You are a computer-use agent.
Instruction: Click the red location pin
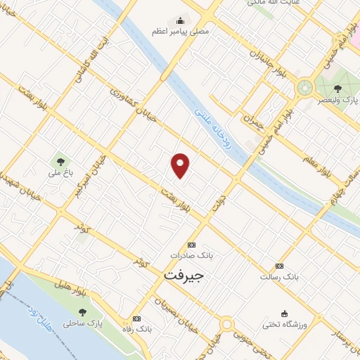[181, 165]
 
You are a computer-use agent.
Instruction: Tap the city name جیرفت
[183, 275]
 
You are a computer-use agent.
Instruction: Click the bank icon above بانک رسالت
[279, 266]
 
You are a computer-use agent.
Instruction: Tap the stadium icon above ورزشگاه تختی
[284, 314]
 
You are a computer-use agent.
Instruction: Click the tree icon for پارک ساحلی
[82, 312]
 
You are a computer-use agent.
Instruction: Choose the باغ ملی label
[56, 172]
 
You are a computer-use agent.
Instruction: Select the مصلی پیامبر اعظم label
[179, 32]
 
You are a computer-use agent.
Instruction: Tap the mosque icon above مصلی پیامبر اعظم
[180, 20]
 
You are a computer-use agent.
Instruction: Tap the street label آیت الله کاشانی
[94, 60]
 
